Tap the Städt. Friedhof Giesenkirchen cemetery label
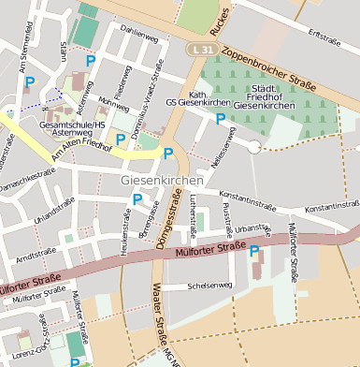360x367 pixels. (263, 96)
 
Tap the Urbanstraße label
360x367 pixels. (254, 228)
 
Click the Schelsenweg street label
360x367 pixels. (209, 286)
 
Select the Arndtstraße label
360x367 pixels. (36, 254)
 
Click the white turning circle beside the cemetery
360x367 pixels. (253, 146)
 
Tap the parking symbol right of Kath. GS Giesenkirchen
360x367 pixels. (221, 118)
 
